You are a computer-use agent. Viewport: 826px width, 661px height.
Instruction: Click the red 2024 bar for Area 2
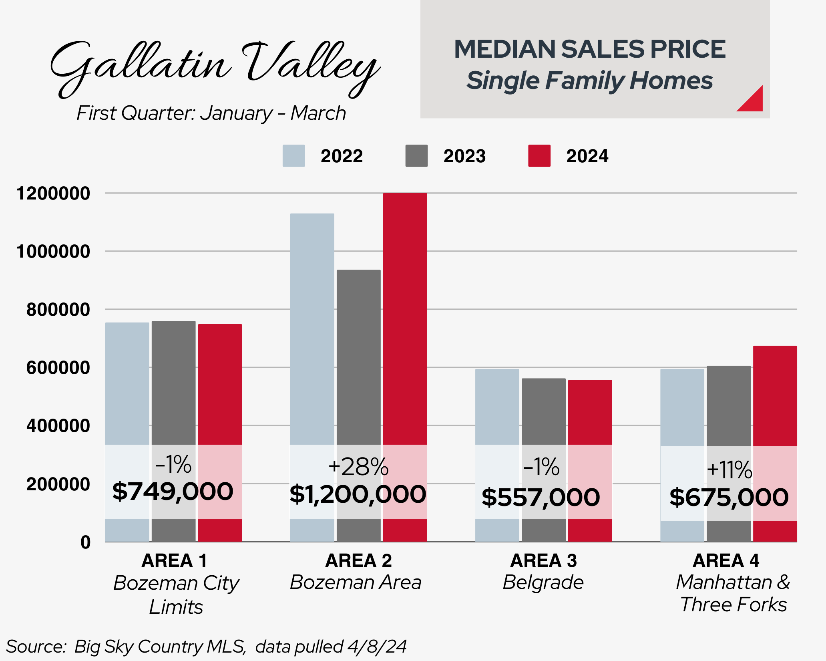pyautogui.click(x=405, y=320)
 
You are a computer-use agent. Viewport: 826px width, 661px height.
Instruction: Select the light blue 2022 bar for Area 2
pyautogui.click(x=312, y=328)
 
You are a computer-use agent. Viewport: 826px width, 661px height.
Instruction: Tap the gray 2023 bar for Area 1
pyautogui.click(x=173, y=381)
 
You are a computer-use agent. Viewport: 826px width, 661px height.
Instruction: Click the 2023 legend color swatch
pyautogui.click(x=416, y=156)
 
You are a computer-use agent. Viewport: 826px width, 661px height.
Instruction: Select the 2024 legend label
pyautogui.click(x=587, y=156)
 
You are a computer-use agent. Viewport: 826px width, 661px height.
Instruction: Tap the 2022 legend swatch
pyautogui.click(x=293, y=156)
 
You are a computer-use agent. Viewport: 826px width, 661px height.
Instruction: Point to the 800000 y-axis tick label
pyautogui.click(x=58, y=310)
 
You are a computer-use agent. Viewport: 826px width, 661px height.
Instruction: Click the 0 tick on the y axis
pyautogui.click(x=85, y=542)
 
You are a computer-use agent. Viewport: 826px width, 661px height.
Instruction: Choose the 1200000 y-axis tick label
pyautogui.click(x=53, y=193)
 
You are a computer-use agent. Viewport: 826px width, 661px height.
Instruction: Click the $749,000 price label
pyautogui.click(x=173, y=492)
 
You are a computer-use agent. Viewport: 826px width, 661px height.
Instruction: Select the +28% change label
pyautogui.click(x=358, y=467)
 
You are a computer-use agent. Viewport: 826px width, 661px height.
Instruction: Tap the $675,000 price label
pyautogui.click(x=729, y=497)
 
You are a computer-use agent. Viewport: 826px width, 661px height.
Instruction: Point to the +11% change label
pyautogui.click(x=729, y=470)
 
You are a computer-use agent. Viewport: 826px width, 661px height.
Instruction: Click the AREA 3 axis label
pyautogui.click(x=543, y=560)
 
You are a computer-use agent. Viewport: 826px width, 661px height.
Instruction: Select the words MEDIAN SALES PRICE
pyautogui.click(x=589, y=49)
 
